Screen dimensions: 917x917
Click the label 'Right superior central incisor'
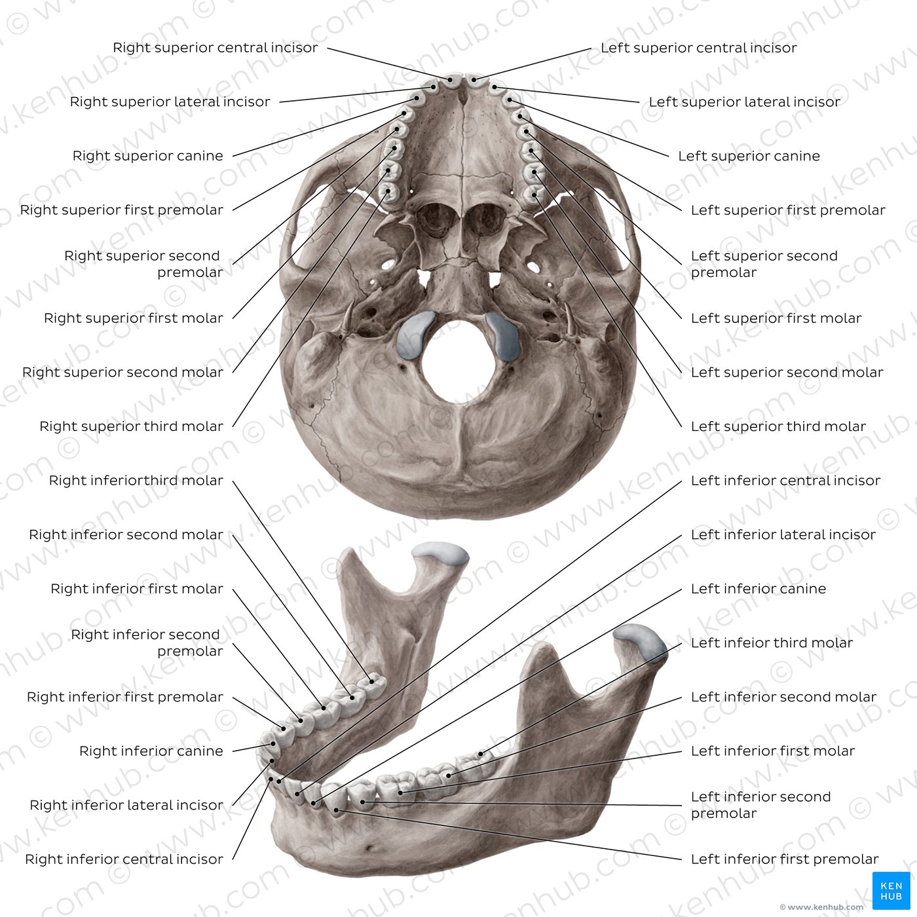(x=215, y=48)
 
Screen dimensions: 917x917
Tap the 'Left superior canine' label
(x=749, y=156)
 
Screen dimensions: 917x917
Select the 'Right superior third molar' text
(x=132, y=426)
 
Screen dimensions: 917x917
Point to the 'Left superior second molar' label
(x=787, y=372)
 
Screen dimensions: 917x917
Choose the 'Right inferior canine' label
(x=151, y=751)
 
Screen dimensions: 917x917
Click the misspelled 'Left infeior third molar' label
(x=772, y=643)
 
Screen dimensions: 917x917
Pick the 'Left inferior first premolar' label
(x=785, y=859)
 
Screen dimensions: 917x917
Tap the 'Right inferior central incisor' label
(x=124, y=859)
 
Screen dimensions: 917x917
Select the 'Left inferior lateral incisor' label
(x=783, y=534)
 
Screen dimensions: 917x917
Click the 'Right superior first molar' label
(x=134, y=318)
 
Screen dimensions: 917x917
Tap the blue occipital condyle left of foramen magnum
(x=415, y=334)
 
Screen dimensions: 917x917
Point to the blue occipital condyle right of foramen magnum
(x=504, y=335)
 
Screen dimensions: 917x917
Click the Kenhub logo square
(x=891, y=891)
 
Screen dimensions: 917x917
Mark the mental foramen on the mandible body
(x=370, y=848)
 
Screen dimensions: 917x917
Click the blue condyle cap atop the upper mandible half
(x=441, y=553)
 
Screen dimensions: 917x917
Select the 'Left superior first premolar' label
(x=788, y=210)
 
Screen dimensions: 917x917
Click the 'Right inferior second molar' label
(x=126, y=534)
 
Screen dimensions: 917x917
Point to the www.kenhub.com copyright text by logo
(x=822, y=907)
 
